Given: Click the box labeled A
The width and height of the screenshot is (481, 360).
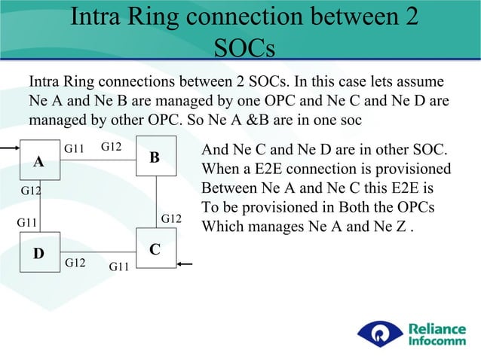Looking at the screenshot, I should coord(38,160).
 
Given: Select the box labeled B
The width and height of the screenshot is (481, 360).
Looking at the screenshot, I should coord(155,156).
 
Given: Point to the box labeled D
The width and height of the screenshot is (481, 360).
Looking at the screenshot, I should coord(38,254).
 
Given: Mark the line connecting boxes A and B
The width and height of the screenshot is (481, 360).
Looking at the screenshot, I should coord(97,157).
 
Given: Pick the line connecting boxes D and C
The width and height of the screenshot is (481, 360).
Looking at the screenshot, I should coord(97,251).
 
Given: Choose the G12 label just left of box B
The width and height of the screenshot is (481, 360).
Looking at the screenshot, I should coord(112,145).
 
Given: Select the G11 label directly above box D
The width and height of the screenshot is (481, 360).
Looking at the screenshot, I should coord(28,223).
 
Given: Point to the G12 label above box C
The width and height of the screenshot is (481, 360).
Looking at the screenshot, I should coord(173,218).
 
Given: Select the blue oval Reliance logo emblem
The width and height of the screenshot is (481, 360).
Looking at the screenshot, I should coord(381,334).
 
